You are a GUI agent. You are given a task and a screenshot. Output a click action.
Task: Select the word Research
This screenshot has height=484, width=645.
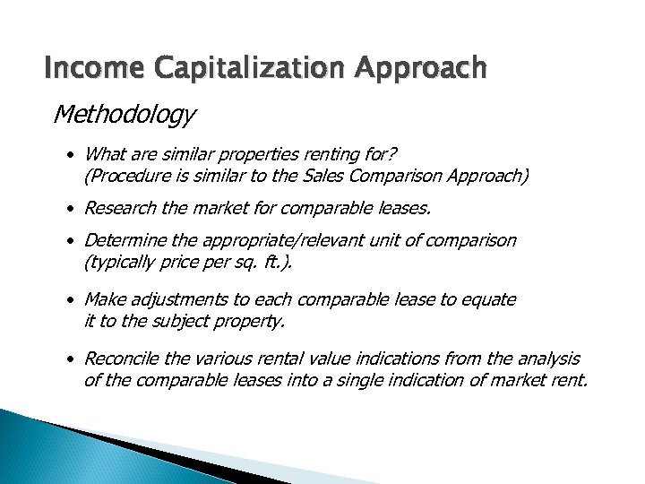coord(118,209)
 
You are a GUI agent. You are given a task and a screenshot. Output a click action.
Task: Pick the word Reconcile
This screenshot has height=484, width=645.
coord(120,359)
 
